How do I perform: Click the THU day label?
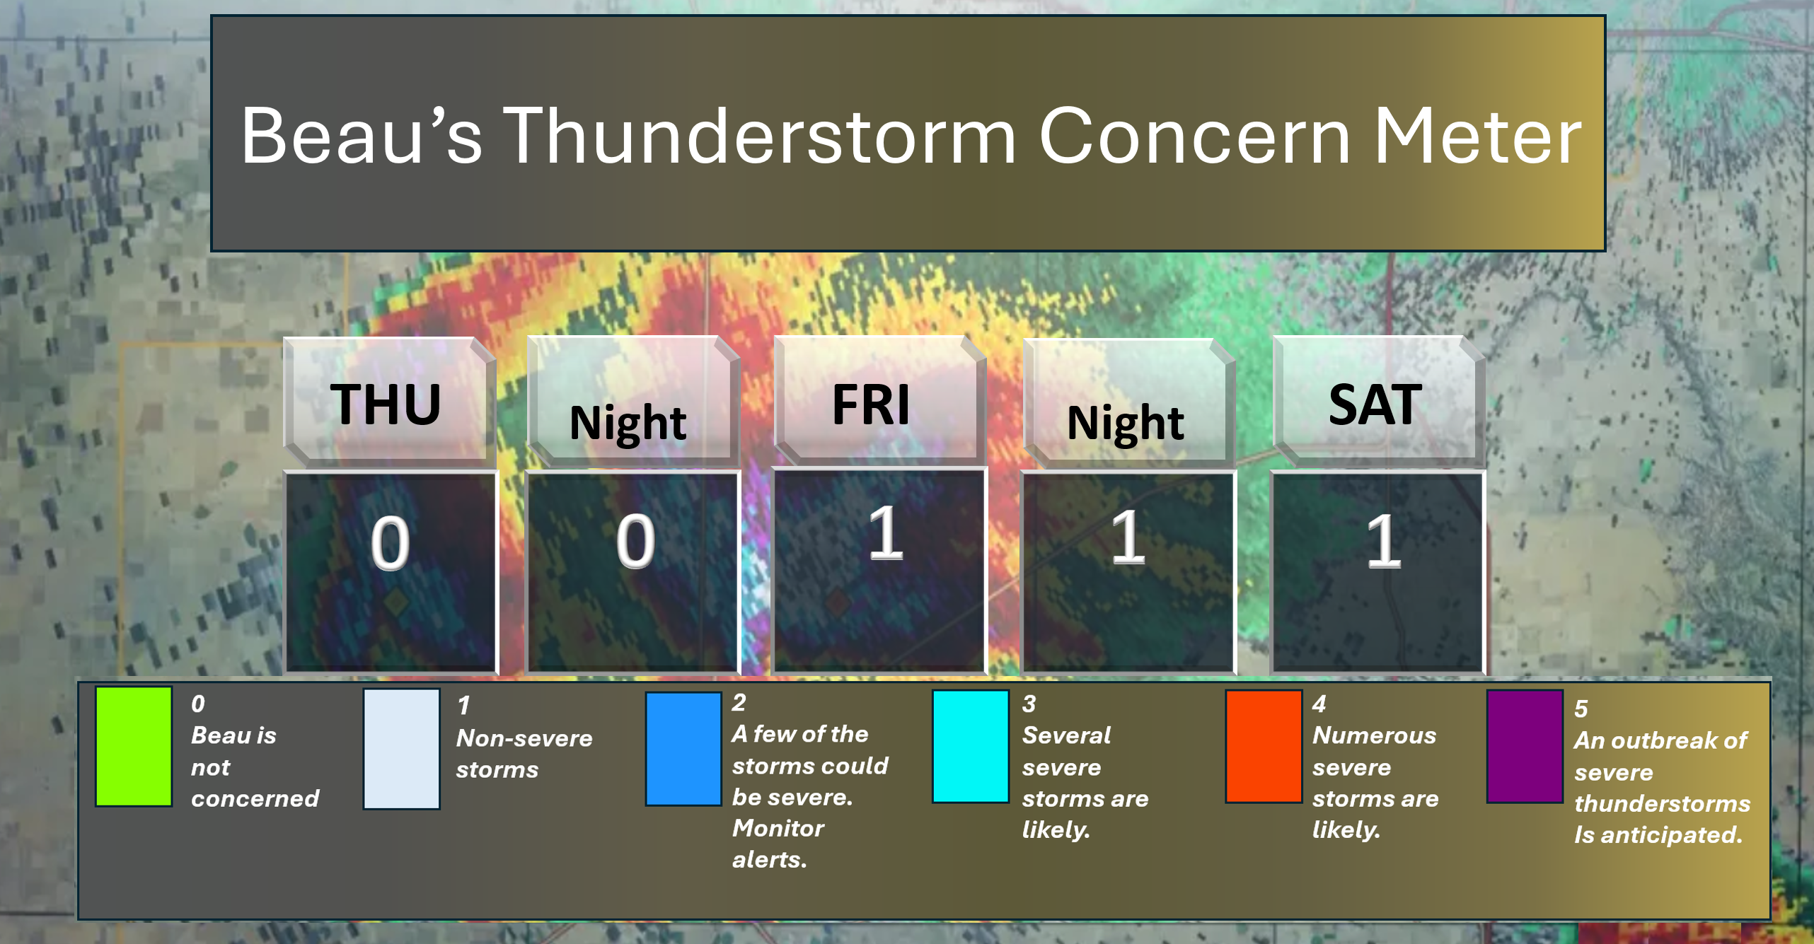point(386,404)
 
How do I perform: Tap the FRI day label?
point(871,404)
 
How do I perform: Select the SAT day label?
point(1375,404)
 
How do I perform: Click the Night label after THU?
point(628,423)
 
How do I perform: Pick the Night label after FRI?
point(1125,423)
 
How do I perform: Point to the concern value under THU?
point(390,543)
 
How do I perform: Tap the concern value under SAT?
point(1383,541)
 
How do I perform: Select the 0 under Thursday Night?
point(635,542)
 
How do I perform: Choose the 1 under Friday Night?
point(1127,537)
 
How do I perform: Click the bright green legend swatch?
point(134,746)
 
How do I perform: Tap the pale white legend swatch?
point(401,749)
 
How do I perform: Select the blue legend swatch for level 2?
point(683,749)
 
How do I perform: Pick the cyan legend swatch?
point(970,746)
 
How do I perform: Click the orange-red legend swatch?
point(1264,746)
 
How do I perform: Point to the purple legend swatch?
point(1525,746)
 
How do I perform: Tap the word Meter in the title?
point(1477,136)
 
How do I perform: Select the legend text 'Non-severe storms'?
point(524,754)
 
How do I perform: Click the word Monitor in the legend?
point(778,828)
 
